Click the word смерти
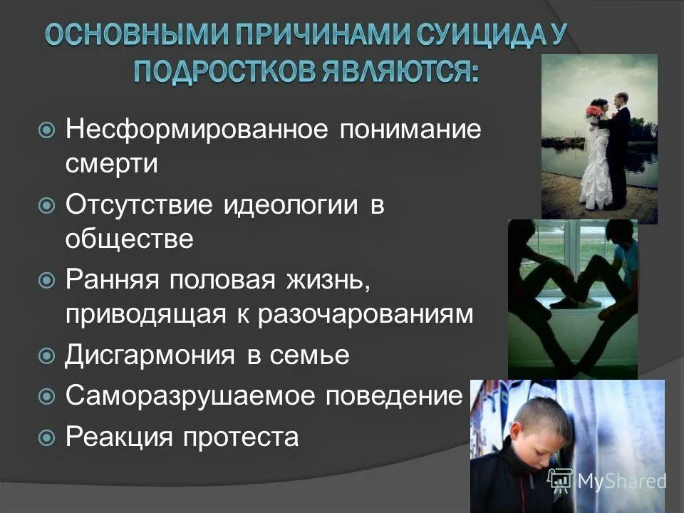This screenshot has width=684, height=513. (111, 165)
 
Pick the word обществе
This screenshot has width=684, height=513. (129, 239)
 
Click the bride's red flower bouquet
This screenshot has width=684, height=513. (593, 113)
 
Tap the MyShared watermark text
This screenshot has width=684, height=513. (621, 481)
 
